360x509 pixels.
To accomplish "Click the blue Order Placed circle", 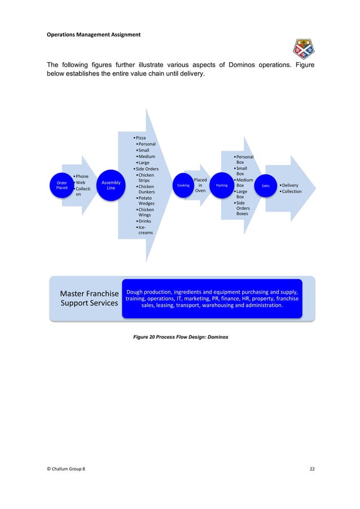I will pos(62,185).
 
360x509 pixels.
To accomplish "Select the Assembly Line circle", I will pos(111,185).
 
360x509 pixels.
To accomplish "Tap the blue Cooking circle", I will pos(183,185).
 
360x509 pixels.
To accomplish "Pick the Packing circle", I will pos(222,185).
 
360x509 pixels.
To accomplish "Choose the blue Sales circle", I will pos(265,185).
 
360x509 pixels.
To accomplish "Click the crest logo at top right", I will pos(304,49).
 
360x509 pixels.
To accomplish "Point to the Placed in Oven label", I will pos(200,185).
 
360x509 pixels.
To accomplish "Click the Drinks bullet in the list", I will pos(145,221).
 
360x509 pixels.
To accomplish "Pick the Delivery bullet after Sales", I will pos(289,185).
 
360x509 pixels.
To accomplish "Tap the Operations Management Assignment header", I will pos(93,36).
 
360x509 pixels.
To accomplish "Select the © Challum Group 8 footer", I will pos(67,469).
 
